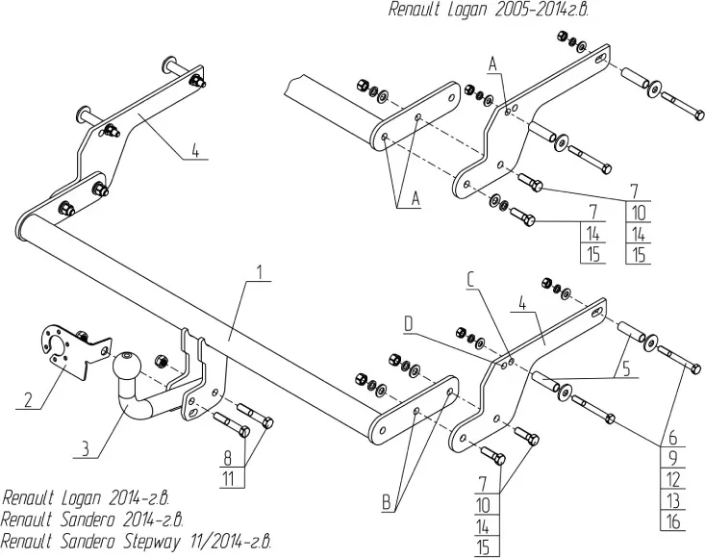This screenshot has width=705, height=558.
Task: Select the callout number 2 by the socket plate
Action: tap(28, 398)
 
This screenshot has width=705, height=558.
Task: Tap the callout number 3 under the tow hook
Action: tap(85, 447)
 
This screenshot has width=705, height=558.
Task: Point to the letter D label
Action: tap(408, 326)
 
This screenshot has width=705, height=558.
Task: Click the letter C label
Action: tap(469, 279)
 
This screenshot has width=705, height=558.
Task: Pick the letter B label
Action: tap(386, 501)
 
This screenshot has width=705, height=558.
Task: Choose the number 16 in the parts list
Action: tap(673, 520)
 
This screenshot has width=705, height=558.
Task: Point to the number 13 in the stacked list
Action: tap(673, 500)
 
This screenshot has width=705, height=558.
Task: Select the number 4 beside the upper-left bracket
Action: tap(195, 150)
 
